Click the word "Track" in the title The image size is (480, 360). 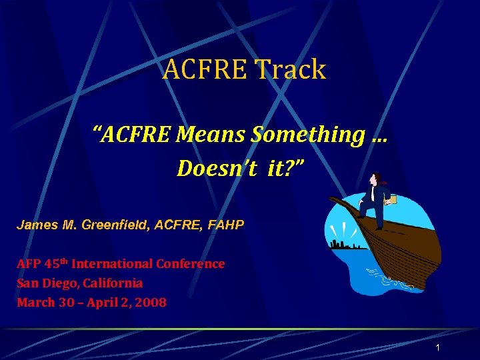290,69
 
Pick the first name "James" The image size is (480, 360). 36,225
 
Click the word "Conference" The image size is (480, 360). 191,263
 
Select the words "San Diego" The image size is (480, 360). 46,283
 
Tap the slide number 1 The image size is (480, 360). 437,348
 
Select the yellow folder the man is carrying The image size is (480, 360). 393,198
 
